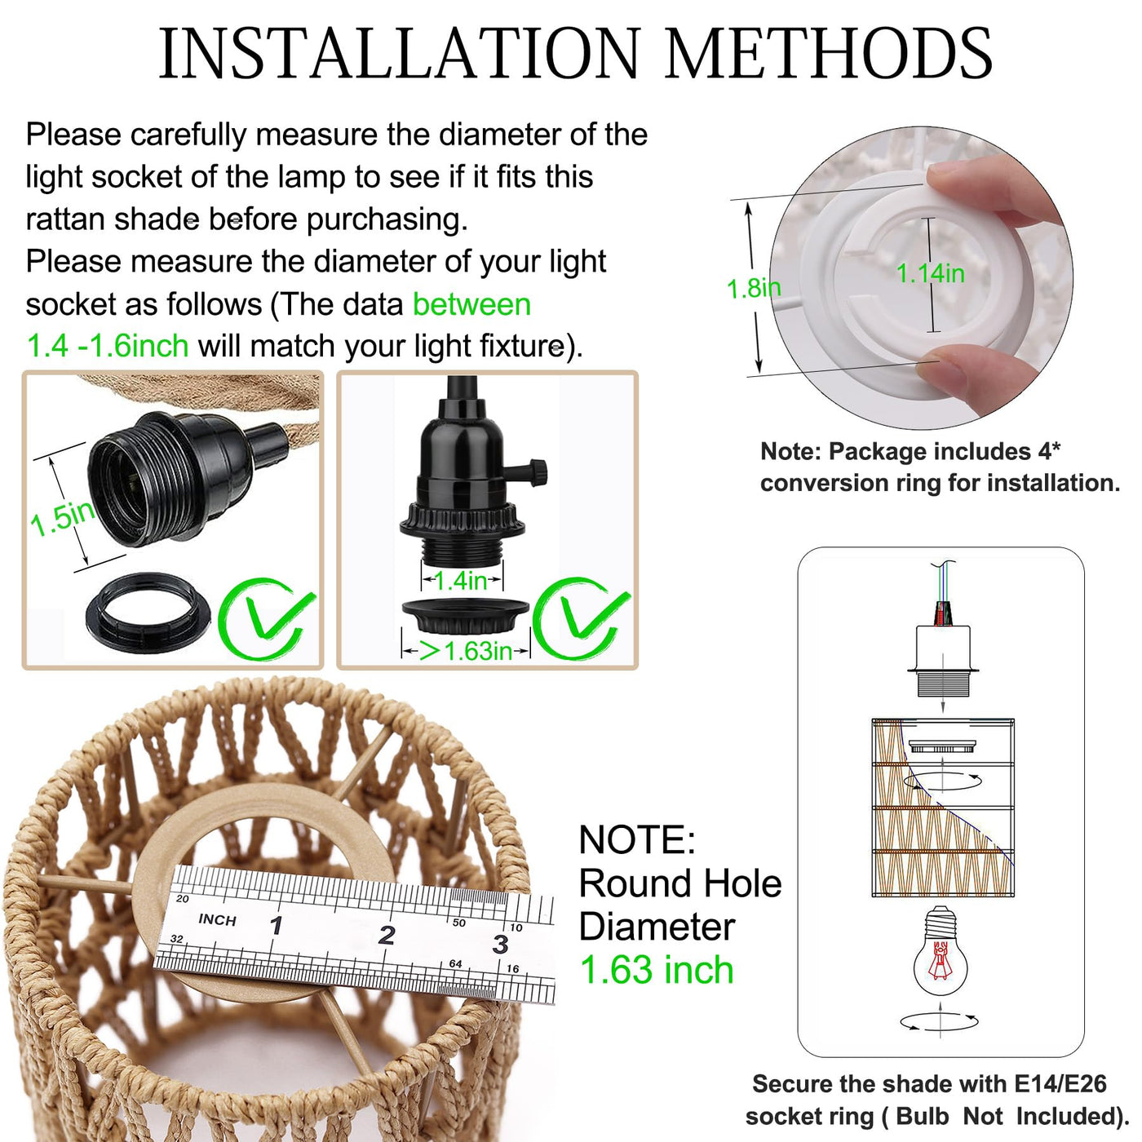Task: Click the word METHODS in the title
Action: (829, 53)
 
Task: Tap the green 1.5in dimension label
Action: (63, 518)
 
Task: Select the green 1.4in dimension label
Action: (461, 582)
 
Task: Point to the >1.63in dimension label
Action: (465, 651)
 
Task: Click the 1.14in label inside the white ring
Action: (930, 273)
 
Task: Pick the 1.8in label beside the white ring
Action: (754, 288)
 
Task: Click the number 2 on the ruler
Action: (387, 935)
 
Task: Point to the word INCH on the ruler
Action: (218, 919)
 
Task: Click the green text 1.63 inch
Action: (657, 970)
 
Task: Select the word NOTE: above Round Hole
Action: (637, 839)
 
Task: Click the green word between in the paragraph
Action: (471, 304)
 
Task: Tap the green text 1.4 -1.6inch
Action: (108, 346)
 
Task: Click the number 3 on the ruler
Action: (500, 944)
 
